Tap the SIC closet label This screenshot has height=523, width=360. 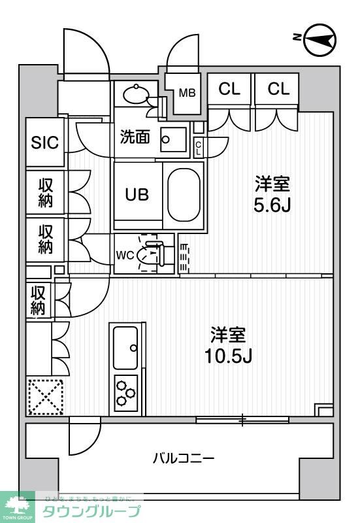[x=45, y=143]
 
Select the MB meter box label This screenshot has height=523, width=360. [x=188, y=92]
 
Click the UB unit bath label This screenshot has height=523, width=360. [x=137, y=194]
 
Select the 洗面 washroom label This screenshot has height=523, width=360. [x=135, y=137]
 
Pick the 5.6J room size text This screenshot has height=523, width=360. [x=272, y=205]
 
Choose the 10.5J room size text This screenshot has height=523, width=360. [x=227, y=356]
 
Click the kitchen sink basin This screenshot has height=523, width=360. [x=125, y=347]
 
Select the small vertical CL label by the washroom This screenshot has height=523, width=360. [x=198, y=148]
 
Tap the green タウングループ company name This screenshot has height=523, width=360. [x=91, y=511]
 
